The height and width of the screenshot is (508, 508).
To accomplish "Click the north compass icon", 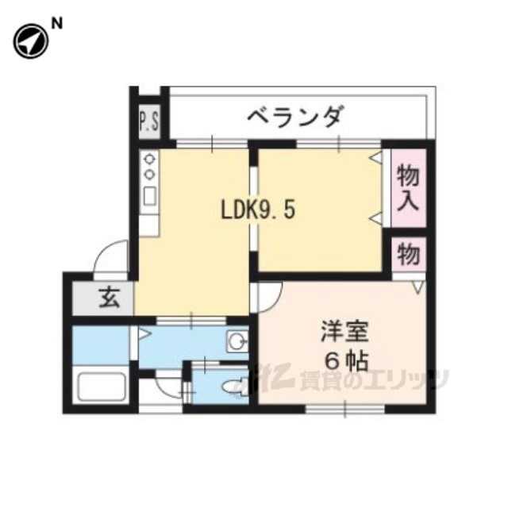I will tap(30, 39).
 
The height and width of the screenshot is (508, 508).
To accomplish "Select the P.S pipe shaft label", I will tap(149, 122).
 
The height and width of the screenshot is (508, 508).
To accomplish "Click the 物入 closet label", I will tap(409, 187).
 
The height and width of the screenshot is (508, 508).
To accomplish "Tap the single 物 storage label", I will tap(409, 256).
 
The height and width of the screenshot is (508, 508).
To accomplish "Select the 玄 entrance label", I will tap(109, 299).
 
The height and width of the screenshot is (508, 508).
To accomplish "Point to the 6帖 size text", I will tap(344, 361).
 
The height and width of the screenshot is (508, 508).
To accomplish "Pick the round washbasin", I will tap(236, 342).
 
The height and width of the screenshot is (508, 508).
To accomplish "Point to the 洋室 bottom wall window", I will tap(345, 408).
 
